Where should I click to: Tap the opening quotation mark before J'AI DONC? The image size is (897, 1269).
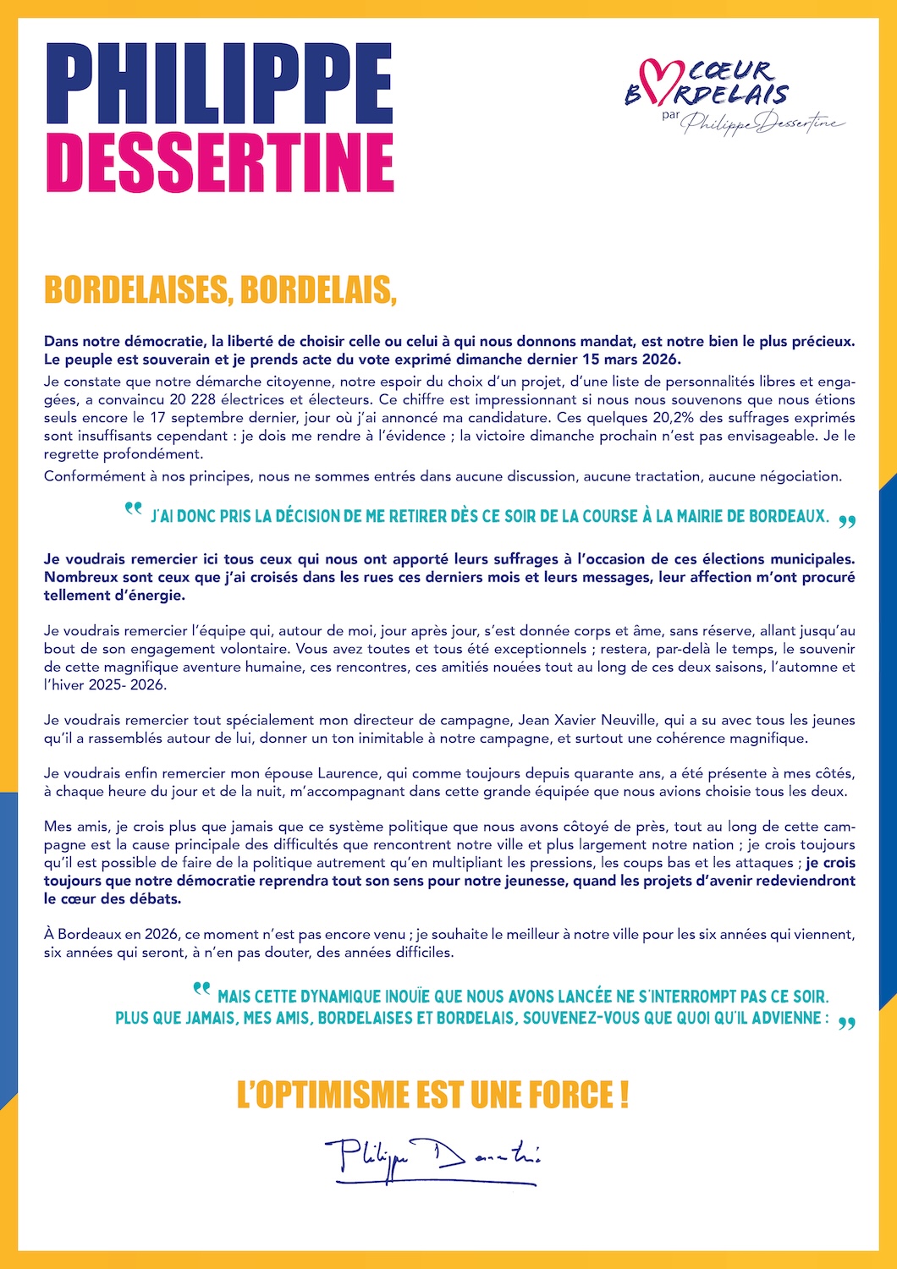click(x=133, y=509)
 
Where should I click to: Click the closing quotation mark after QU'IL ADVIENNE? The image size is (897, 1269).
click(x=846, y=1024)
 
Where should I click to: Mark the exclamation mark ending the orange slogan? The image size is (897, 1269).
click(x=624, y=1095)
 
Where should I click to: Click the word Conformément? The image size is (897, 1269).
click(x=91, y=476)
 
